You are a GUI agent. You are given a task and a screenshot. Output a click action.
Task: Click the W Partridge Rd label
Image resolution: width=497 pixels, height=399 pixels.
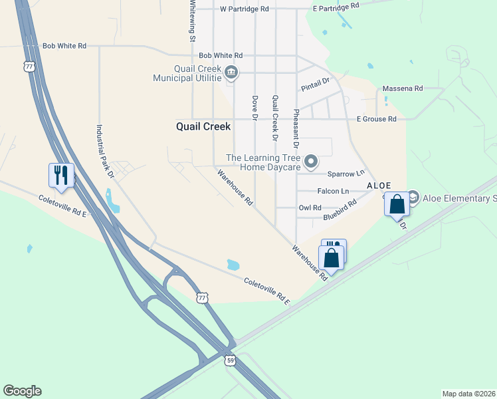(245, 9)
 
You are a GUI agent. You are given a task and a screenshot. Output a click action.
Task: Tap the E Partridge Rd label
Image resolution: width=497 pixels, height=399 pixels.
(336, 6)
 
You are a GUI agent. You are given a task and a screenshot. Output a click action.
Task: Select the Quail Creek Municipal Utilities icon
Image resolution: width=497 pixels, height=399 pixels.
(231, 72)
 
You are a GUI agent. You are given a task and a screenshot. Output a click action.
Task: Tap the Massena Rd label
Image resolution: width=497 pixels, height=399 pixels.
(403, 88)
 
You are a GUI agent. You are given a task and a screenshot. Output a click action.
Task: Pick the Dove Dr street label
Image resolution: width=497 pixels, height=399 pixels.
(254, 108)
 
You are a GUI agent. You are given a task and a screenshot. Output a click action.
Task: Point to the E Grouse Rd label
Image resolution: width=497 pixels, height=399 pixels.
(376, 119)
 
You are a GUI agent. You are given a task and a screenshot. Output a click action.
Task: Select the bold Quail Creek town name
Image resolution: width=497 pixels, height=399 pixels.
(203, 126)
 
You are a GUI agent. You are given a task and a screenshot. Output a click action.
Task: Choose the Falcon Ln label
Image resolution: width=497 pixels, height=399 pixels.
(333, 191)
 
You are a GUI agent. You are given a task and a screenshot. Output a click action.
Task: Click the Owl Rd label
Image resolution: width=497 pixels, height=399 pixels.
(310, 207)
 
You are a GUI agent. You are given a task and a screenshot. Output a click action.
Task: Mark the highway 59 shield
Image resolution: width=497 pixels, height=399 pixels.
(229, 360)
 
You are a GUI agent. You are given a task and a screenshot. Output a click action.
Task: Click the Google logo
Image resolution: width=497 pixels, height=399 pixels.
(22, 391)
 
